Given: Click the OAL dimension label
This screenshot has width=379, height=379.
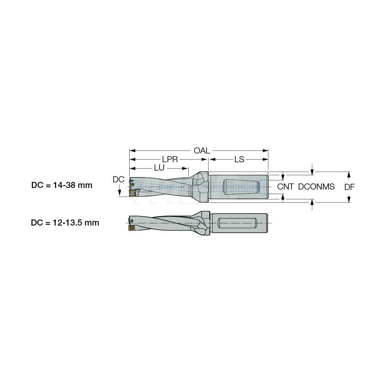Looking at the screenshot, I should click(202, 150).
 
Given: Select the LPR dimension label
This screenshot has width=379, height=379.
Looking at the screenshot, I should click(171, 160).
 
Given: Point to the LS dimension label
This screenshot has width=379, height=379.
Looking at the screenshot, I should click(239, 160).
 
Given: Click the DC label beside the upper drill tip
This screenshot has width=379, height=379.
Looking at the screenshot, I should click(119, 180).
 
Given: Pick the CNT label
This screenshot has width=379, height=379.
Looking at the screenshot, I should click(285, 186).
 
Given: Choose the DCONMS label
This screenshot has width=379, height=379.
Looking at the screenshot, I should click(316, 186).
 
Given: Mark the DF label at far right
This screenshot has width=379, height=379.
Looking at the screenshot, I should click(349, 186).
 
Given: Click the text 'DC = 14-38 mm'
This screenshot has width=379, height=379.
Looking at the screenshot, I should click(62, 186).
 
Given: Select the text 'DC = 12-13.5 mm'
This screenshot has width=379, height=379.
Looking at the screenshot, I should click(65, 223).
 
